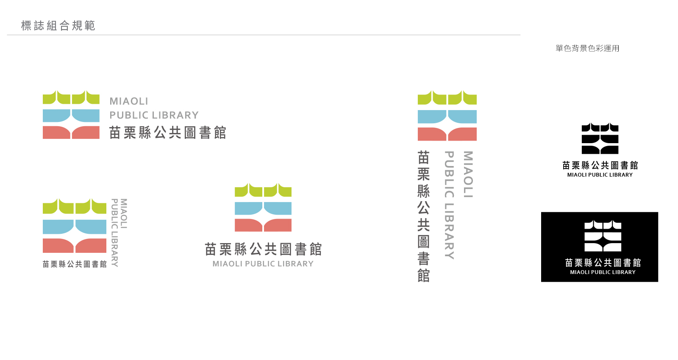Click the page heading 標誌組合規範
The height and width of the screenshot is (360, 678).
pos(58,26)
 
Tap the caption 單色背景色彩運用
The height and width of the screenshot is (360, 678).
pos(587,48)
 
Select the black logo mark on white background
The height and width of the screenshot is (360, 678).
pos(600,138)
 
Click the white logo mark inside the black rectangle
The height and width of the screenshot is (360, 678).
pos(603,236)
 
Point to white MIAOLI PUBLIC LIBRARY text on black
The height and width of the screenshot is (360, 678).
pos(603,272)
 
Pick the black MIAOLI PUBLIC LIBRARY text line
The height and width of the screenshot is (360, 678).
pos(600,175)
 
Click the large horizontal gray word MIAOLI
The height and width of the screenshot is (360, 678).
pos(129,101)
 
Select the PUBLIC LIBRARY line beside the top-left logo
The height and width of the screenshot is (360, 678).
pos(154,115)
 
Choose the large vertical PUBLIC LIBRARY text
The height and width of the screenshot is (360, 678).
pos(449,205)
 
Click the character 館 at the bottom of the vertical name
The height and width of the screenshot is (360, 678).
pos(423,276)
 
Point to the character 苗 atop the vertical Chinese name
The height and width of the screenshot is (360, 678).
pos(423,157)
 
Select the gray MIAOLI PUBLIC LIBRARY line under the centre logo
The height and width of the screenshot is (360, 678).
pos(263,264)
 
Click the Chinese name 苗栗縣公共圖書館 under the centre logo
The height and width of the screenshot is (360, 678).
pos(263,249)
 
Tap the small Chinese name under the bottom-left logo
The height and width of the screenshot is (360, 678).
pos(75,264)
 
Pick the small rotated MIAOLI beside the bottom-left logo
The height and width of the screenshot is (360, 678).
pos(123,213)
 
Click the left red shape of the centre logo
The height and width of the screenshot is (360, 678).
pos(248,225)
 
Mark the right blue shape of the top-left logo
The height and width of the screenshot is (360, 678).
pos(86,116)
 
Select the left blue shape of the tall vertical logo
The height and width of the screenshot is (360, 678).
pos(432,117)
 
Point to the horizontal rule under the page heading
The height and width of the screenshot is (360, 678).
pos(264,35)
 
